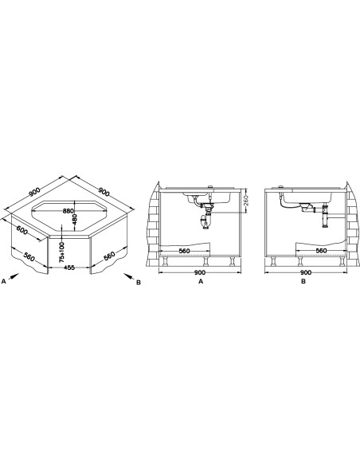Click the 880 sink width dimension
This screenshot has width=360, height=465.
click(x=68, y=211)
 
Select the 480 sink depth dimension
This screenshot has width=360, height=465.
click(x=74, y=220)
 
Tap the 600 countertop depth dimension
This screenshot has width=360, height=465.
click(x=22, y=230)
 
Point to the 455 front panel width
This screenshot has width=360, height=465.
click(x=69, y=268)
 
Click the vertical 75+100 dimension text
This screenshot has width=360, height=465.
click(x=61, y=252)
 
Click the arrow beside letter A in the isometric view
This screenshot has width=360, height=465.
click(x=13, y=276)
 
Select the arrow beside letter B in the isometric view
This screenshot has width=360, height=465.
click(x=128, y=276)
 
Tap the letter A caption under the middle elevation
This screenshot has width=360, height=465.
click(x=201, y=281)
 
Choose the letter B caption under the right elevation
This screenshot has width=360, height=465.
click(x=303, y=281)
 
